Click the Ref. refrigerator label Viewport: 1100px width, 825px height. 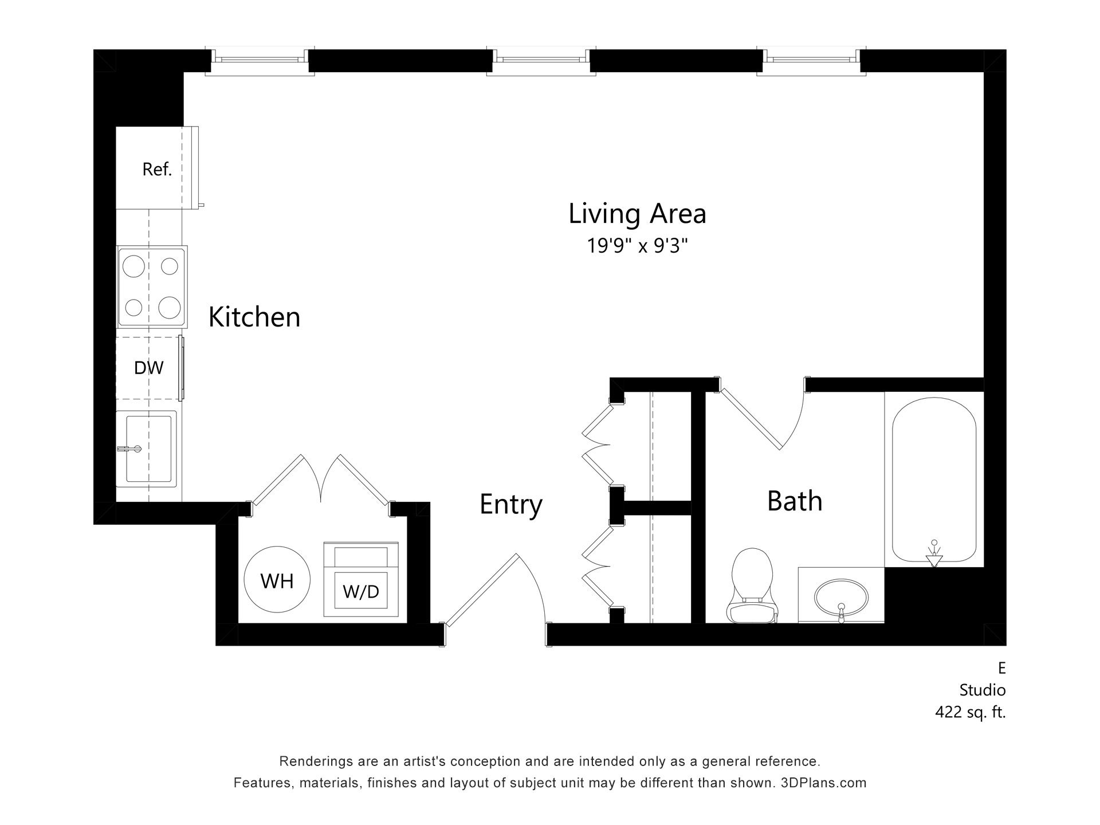click(157, 169)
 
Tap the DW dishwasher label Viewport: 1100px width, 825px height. click(148, 368)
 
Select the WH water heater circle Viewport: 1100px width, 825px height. click(277, 580)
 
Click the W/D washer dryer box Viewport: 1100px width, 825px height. click(361, 590)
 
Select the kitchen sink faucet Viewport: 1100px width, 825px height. click(129, 449)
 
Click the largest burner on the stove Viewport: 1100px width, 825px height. click(170, 308)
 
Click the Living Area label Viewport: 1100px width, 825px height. click(637, 214)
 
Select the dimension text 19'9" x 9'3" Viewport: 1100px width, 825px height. click(637, 246)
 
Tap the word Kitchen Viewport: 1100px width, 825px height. click(254, 317)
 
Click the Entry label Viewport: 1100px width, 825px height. click(510, 504)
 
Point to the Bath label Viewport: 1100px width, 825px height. click(795, 501)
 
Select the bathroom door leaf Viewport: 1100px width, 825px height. click(751, 419)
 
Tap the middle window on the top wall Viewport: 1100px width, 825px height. click(541, 59)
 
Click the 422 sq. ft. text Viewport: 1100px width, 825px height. click(970, 712)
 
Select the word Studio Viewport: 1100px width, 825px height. click(982, 690)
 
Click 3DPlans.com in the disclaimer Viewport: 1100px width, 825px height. click(823, 783)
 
